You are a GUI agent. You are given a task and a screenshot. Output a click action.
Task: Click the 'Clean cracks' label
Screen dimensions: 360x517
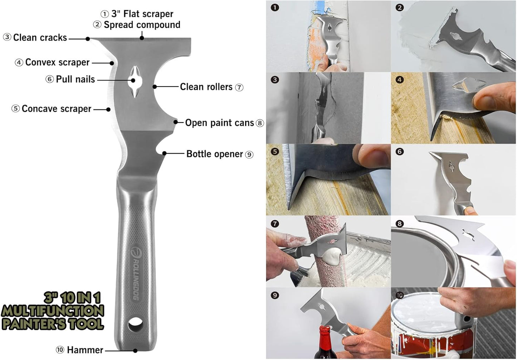point(40,38)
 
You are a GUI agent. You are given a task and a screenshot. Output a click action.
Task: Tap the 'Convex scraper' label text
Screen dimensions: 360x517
point(57,63)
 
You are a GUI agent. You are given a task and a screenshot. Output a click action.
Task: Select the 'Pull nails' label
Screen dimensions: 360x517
point(75,79)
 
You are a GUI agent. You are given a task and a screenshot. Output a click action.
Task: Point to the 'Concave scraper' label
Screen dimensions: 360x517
point(56,109)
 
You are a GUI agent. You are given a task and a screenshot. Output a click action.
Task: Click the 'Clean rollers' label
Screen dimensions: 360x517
point(206,87)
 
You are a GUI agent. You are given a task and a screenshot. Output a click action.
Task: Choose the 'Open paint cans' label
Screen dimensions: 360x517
point(219,123)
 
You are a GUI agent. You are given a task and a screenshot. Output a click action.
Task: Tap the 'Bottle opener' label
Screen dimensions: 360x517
point(215,154)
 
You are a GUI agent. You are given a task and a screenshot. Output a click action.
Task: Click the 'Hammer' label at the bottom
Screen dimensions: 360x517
point(85,350)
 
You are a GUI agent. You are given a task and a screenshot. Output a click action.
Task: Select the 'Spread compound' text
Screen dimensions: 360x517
point(142,25)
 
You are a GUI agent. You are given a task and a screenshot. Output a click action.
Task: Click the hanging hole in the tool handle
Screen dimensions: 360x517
point(135,323)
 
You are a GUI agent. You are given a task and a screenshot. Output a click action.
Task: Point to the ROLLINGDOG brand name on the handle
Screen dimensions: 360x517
point(137,275)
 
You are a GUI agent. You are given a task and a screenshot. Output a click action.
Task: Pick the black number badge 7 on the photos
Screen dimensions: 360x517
point(275,224)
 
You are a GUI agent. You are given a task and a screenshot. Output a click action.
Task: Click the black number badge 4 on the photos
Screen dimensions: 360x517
point(400,80)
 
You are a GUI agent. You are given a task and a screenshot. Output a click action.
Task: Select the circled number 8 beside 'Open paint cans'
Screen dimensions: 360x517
point(260,123)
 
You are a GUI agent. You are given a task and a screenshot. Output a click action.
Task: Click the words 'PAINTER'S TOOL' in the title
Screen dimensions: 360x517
point(53,324)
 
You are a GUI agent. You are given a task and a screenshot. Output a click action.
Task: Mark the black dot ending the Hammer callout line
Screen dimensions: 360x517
point(135,351)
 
